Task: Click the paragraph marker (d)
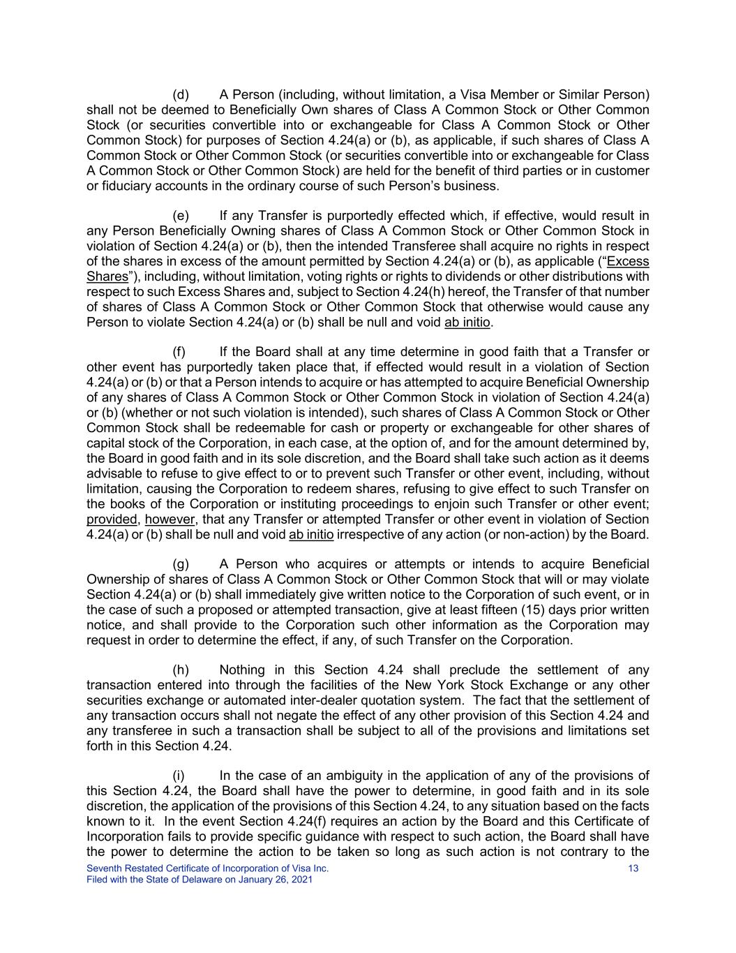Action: point(181,94)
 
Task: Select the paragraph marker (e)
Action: point(181,216)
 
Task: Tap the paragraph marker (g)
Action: point(181,564)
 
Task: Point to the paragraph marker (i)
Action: point(179,776)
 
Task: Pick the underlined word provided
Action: point(112,519)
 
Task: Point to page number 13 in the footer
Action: point(633,869)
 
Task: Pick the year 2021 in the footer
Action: point(301,880)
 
